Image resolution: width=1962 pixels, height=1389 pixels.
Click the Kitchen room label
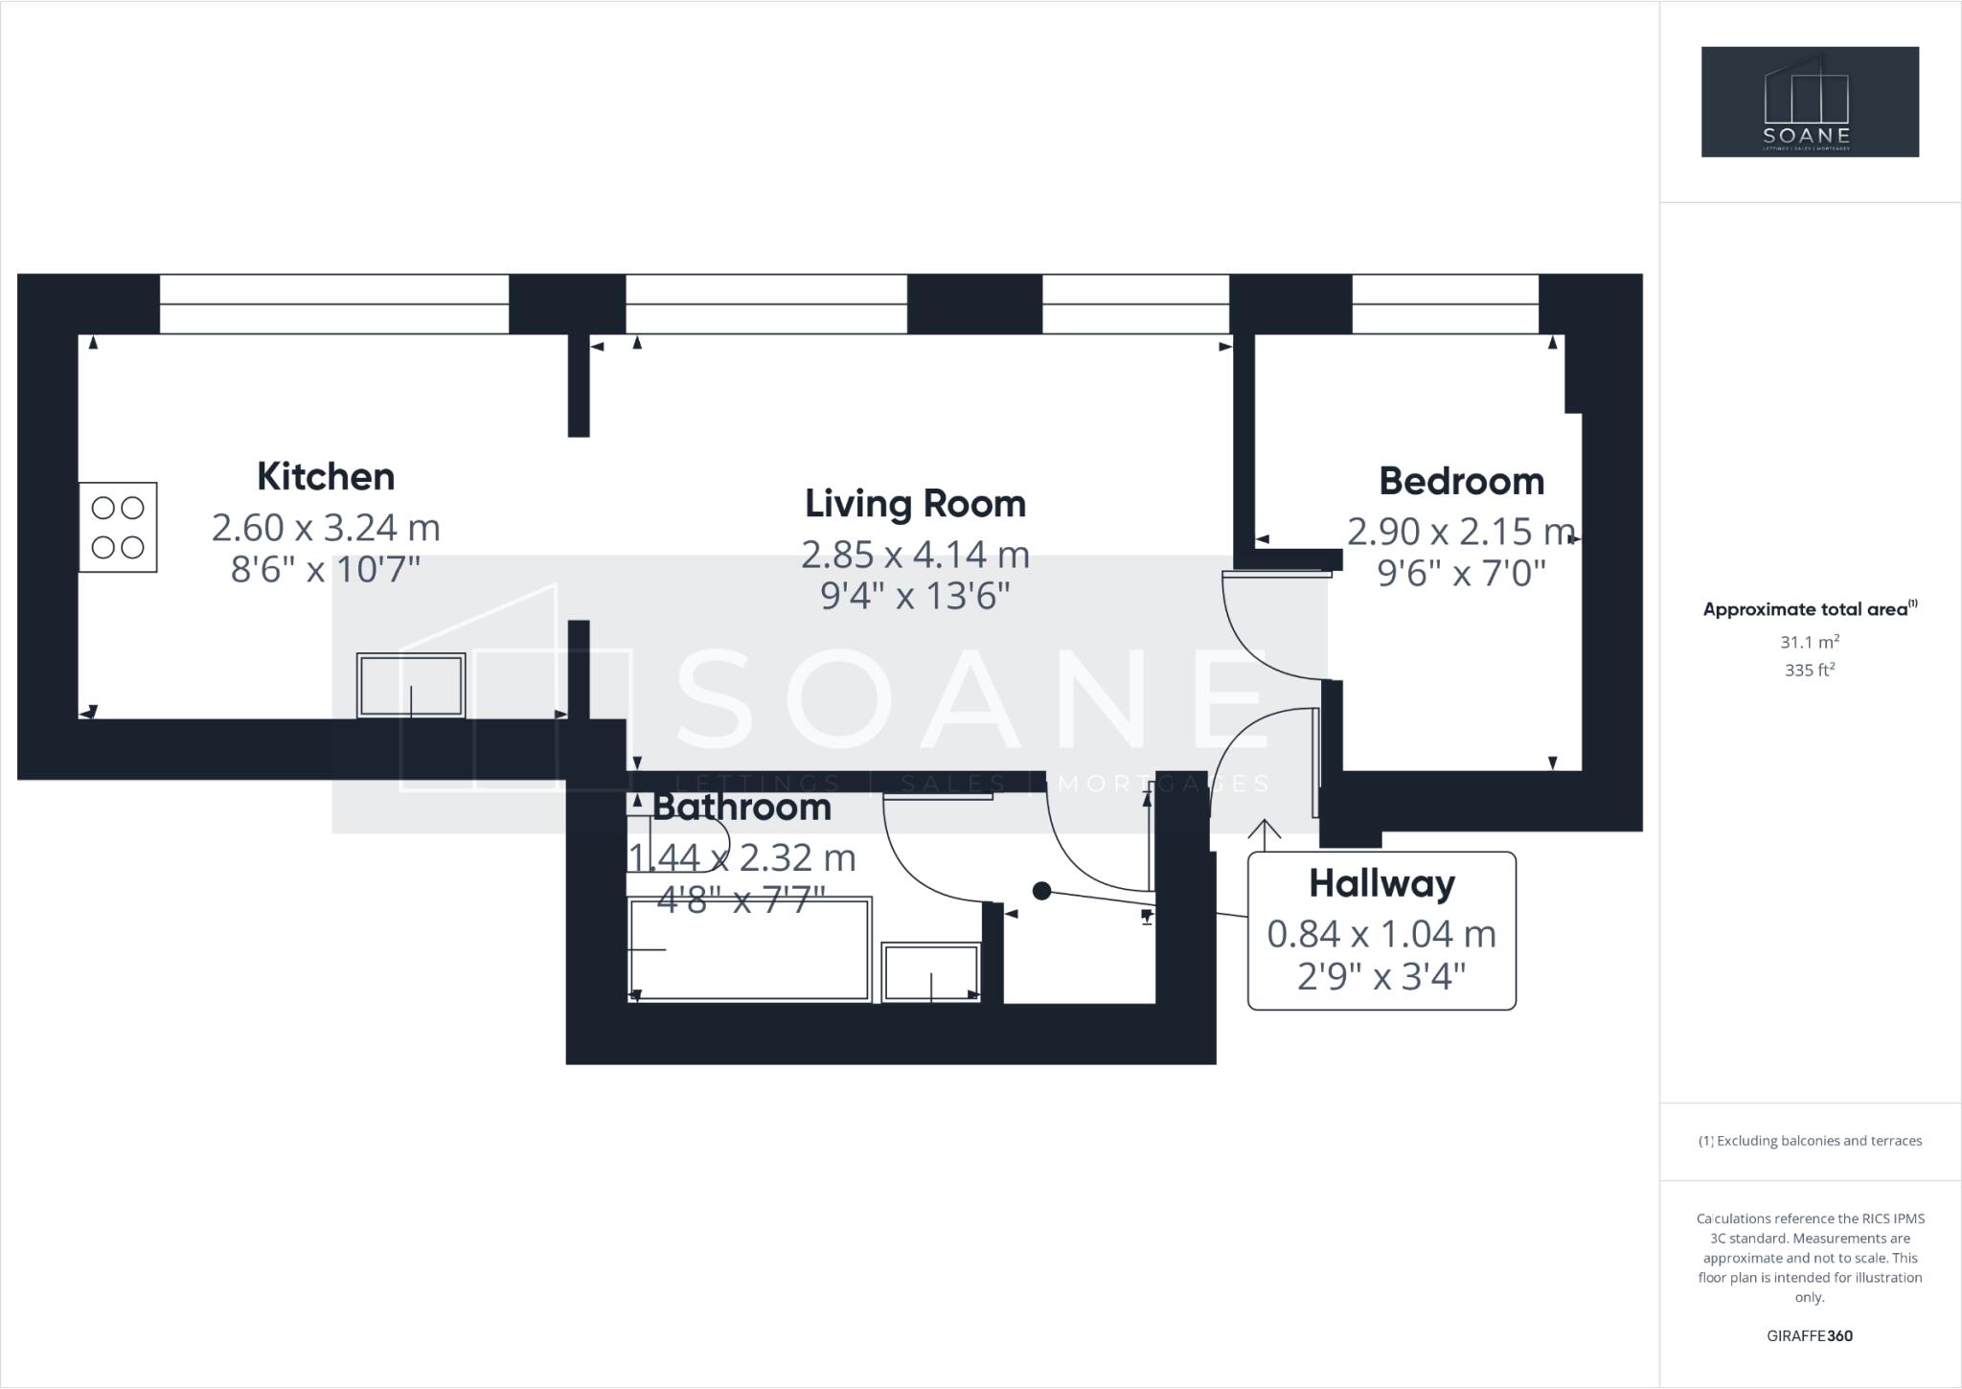326,477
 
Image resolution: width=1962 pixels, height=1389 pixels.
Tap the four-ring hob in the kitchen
118,528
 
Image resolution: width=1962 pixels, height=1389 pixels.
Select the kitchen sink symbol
411,686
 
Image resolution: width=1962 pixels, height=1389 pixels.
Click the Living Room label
915,504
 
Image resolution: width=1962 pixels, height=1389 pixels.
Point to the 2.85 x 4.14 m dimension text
915,555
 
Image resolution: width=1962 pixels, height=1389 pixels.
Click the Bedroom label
1461,481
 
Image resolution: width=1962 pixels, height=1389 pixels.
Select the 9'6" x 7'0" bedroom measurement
1461,574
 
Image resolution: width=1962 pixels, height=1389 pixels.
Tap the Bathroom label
741,808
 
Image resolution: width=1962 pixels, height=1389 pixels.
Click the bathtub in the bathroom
749,949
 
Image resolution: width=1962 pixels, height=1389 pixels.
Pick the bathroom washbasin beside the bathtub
931,972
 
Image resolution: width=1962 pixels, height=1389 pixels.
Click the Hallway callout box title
1381,883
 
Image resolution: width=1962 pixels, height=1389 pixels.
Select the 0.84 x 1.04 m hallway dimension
1381,934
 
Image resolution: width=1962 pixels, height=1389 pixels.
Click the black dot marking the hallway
1042,892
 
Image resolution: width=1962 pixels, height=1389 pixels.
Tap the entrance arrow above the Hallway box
1265,834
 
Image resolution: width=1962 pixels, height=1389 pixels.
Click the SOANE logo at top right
1810,102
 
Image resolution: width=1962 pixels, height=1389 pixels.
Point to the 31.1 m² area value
1810,643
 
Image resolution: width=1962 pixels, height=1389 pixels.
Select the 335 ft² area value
1810,671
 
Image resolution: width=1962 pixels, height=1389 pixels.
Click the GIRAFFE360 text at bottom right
1810,1336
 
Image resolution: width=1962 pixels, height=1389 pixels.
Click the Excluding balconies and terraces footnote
1810,1141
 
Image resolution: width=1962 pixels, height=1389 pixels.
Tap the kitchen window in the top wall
333,305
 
